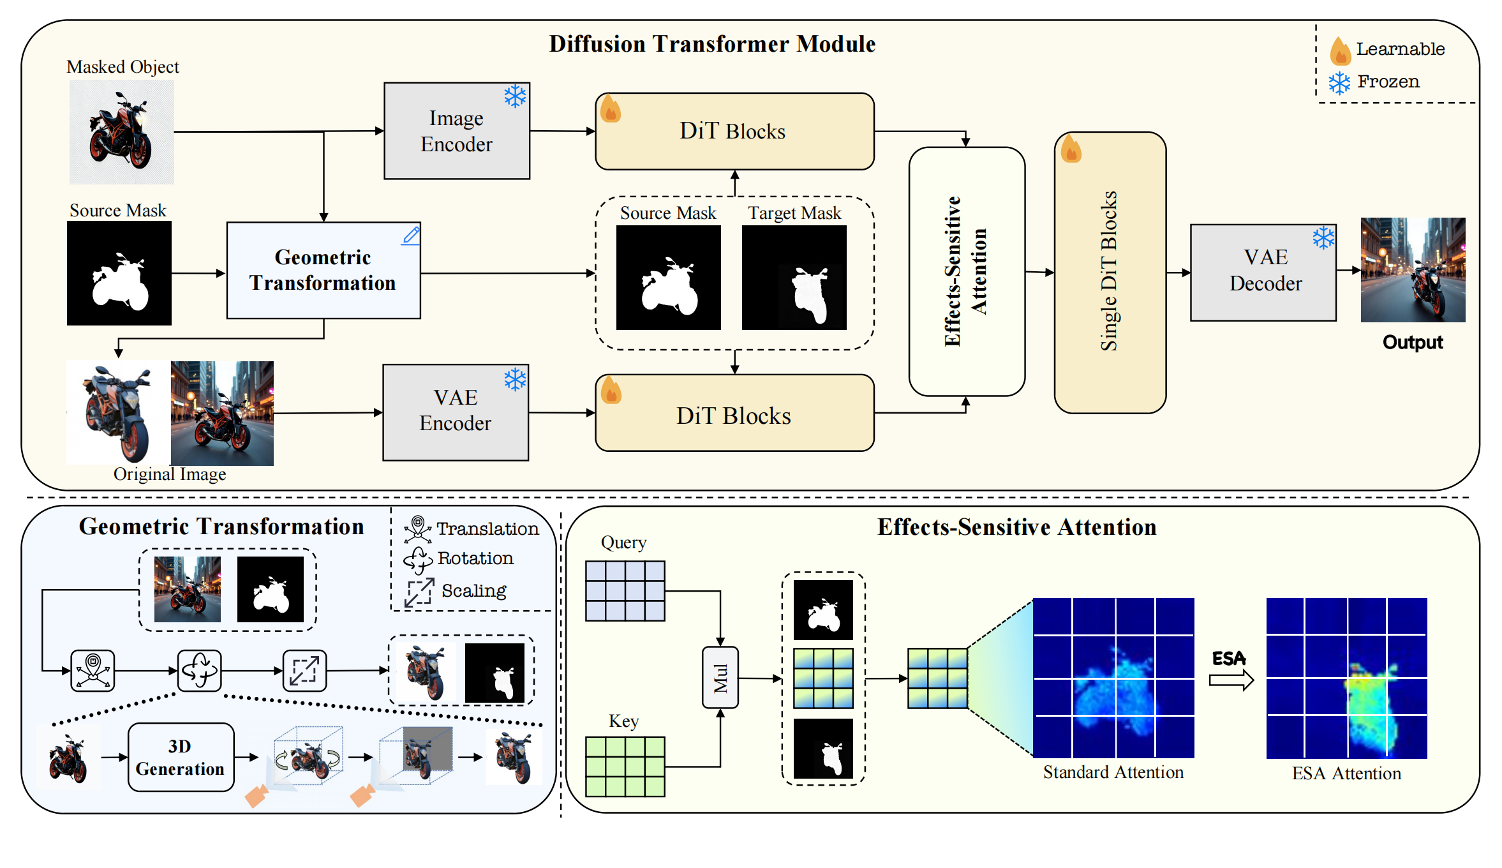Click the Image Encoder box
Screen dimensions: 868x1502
(x=456, y=131)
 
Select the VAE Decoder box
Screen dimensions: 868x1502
(x=1263, y=272)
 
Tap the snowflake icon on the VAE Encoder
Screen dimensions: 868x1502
(x=515, y=380)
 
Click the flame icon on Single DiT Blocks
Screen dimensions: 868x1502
(x=1071, y=151)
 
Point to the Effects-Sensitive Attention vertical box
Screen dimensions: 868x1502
(x=966, y=271)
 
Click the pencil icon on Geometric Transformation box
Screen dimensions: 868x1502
(x=412, y=236)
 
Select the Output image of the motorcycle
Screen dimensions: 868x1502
(x=1413, y=269)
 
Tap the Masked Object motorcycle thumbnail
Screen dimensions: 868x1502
(x=121, y=132)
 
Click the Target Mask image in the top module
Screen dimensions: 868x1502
(x=794, y=278)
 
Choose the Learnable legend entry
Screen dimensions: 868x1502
(x=1388, y=50)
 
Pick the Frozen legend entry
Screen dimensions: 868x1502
(x=1375, y=82)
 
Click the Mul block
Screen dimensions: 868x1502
(x=720, y=677)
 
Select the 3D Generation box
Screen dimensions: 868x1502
(x=181, y=757)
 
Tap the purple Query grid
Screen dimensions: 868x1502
(x=625, y=590)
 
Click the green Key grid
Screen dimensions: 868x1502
(x=625, y=766)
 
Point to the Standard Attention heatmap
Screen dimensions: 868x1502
(x=1113, y=677)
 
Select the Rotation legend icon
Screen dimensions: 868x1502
(x=418, y=560)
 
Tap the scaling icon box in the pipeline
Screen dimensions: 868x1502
(x=304, y=670)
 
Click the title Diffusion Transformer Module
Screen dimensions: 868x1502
(x=712, y=44)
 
